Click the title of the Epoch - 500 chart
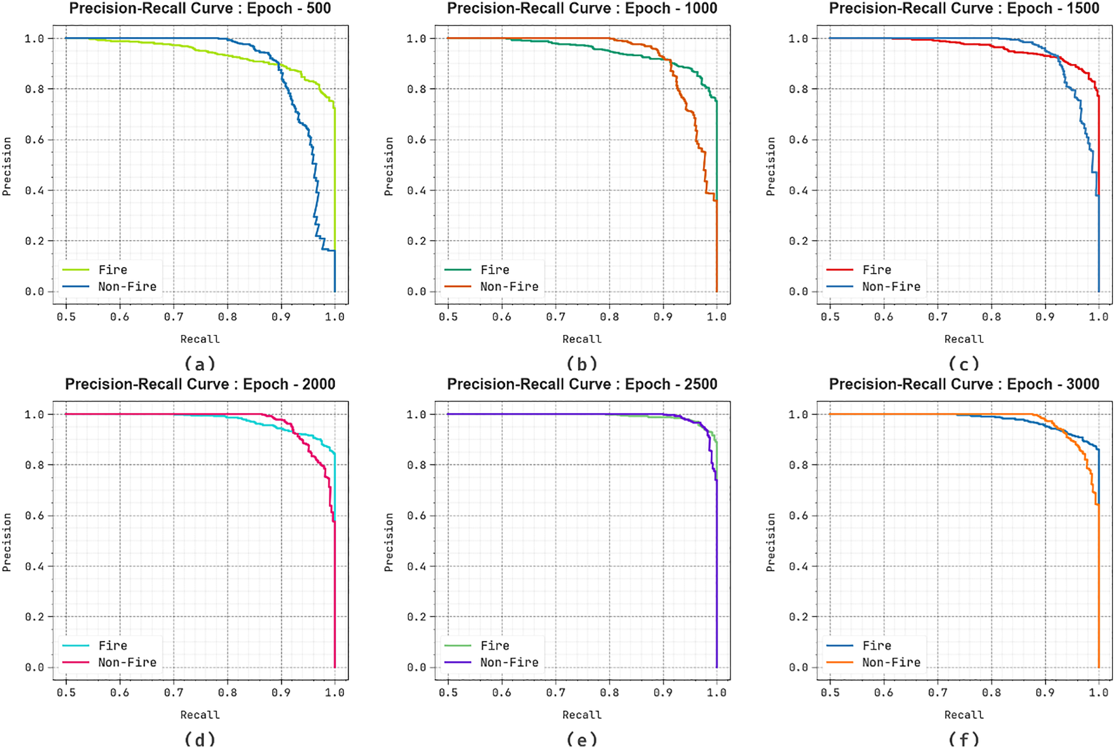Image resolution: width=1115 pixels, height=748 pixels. pyautogui.click(x=200, y=9)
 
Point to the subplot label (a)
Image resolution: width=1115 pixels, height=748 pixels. pyautogui.click(x=200, y=364)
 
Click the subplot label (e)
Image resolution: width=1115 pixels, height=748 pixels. pyautogui.click(x=582, y=739)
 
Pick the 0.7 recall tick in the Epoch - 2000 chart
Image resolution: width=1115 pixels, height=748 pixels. pyautogui.click(x=173, y=693)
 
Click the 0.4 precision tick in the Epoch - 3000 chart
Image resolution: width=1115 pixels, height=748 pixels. pyautogui.click(x=798, y=566)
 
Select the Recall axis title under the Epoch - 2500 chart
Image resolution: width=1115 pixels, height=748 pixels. pyautogui.click(x=582, y=714)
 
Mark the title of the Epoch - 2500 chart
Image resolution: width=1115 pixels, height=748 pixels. pyautogui.click(x=582, y=384)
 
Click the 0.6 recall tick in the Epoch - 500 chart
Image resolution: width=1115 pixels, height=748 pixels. pyautogui.click(x=119, y=317)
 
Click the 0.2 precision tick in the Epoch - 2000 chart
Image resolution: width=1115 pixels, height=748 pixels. pyautogui.click(x=34, y=617)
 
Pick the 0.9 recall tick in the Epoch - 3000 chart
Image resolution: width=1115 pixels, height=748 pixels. pyautogui.click(x=1045, y=693)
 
